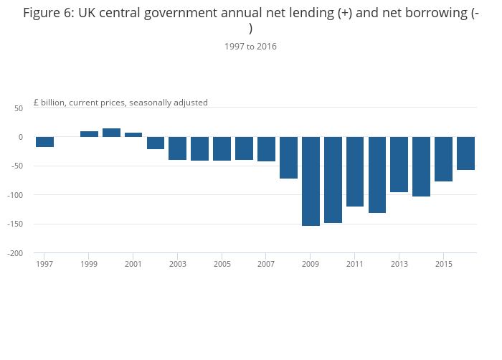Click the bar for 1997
point(44,142)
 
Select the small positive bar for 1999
point(90,134)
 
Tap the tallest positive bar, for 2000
point(111,133)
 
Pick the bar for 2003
point(178,148)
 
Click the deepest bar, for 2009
point(311,181)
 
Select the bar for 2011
point(355,171)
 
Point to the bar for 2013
point(399,165)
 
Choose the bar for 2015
point(443,159)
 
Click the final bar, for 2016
point(466,153)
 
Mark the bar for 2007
point(266,149)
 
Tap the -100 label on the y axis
point(15,195)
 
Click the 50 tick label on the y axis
point(19,108)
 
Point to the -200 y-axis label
point(15,253)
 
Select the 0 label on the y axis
point(21,137)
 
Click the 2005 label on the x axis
point(222,264)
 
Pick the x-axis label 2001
point(133,264)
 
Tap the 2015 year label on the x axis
point(444,264)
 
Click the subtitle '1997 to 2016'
point(251,47)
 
